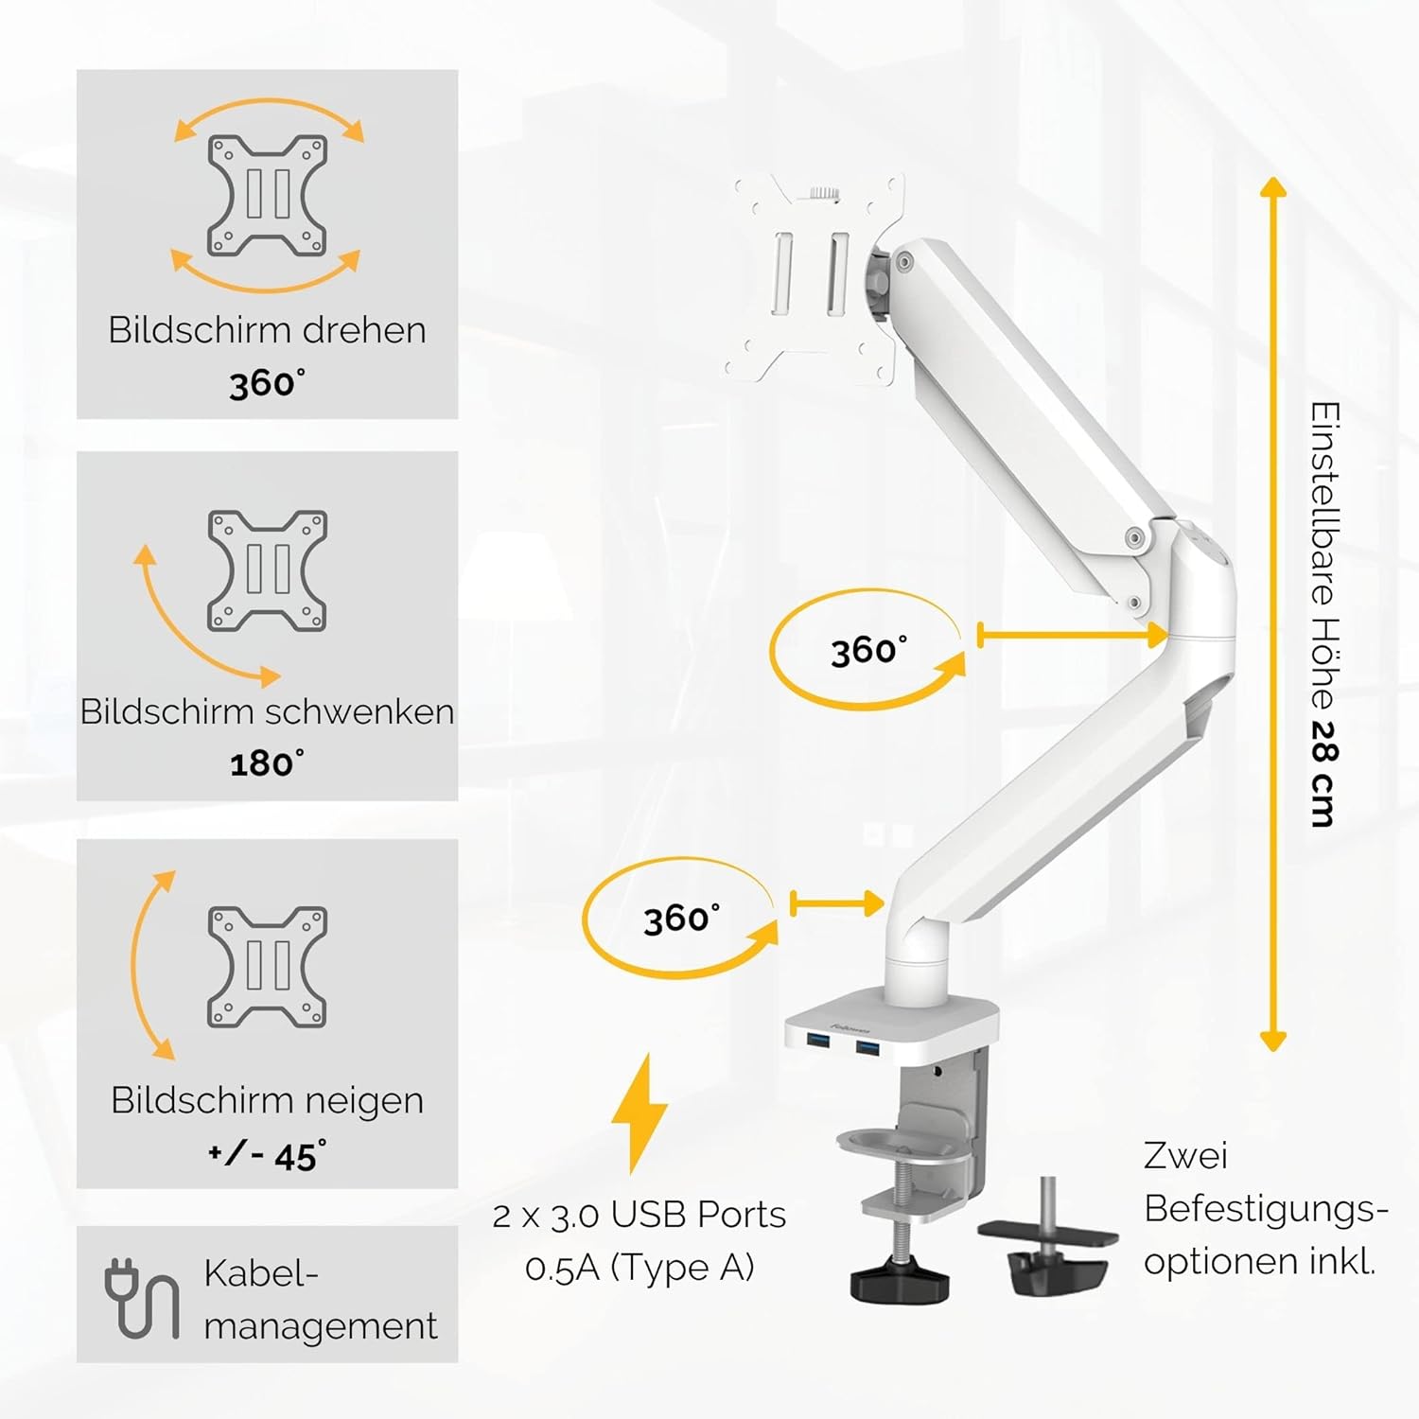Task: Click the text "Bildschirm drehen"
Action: tap(267, 330)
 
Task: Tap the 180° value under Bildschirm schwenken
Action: tap(268, 763)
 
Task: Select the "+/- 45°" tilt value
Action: tap(268, 1156)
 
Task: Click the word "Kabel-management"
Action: tap(321, 1300)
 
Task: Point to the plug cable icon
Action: tap(142, 1298)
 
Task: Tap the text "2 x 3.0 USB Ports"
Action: tap(639, 1216)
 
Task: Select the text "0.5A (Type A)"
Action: tap(639, 1268)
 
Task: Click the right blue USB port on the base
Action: tap(867, 1046)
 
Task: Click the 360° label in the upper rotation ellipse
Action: tap(868, 651)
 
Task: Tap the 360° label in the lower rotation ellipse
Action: tap(681, 919)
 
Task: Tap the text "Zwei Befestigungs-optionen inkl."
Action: tap(1265, 1208)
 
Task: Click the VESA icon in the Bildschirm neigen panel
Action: tap(268, 967)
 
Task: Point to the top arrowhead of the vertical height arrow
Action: tap(1274, 186)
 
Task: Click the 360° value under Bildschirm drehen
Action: tap(268, 383)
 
